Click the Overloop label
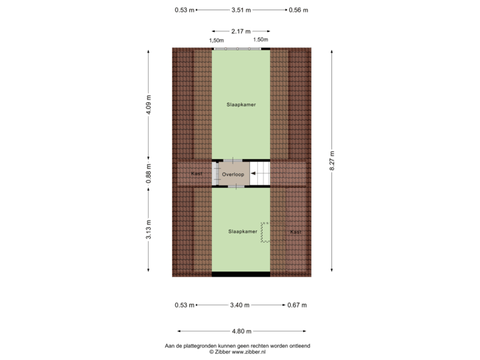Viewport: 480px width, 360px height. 234,174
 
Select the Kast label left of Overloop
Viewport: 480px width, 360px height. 197,173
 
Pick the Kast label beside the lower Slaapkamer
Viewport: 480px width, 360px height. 295,232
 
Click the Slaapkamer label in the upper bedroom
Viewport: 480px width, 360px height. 241,105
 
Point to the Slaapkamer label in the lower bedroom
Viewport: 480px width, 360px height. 242,231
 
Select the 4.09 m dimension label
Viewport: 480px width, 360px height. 149,105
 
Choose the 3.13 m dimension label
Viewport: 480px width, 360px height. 149,231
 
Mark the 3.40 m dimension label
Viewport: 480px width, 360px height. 240,305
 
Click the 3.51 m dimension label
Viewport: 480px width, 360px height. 241,10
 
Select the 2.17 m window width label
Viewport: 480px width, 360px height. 241,31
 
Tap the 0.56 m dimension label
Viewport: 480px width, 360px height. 298,10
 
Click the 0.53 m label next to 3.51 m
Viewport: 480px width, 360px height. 184,10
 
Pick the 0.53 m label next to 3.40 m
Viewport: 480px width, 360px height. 184,305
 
